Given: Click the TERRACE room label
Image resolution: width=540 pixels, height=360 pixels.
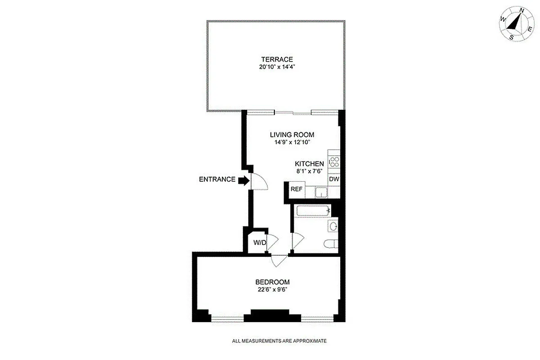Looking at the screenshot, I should [x=277, y=59].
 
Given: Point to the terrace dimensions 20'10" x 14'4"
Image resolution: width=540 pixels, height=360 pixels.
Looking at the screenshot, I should [x=277, y=67].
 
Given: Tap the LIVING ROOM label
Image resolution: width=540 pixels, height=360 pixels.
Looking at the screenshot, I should [x=292, y=135].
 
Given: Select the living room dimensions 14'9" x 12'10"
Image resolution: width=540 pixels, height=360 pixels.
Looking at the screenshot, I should [x=292, y=142].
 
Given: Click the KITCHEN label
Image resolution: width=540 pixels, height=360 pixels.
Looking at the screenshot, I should [x=309, y=164].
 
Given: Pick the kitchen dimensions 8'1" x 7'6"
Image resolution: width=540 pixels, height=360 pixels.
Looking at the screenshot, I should [x=309, y=171].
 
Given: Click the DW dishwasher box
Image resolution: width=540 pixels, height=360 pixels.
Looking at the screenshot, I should [x=333, y=179].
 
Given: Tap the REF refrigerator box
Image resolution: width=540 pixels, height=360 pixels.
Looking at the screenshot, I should [x=296, y=189].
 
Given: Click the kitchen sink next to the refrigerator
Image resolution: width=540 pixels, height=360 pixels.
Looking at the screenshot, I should [x=321, y=192].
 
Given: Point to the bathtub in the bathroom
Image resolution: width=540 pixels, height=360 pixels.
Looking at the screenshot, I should [x=310, y=211].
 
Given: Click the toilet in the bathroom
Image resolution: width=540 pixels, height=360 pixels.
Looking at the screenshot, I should [x=330, y=244].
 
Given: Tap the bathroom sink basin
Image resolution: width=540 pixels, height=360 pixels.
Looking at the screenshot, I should [x=333, y=226].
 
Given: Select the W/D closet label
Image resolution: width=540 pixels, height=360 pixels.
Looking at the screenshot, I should [x=260, y=243].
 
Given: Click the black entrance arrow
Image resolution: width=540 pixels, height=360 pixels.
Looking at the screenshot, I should [x=243, y=180].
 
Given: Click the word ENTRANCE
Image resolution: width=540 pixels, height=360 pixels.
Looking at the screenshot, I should [x=217, y=180].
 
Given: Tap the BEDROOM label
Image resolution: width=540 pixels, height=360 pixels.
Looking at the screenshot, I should [x=270, y=282].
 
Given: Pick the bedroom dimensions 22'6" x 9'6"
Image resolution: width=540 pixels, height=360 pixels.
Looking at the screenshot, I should [x=270, y=290].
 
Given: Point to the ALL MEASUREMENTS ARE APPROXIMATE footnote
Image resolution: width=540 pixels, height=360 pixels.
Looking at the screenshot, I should [x=279, y=341].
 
